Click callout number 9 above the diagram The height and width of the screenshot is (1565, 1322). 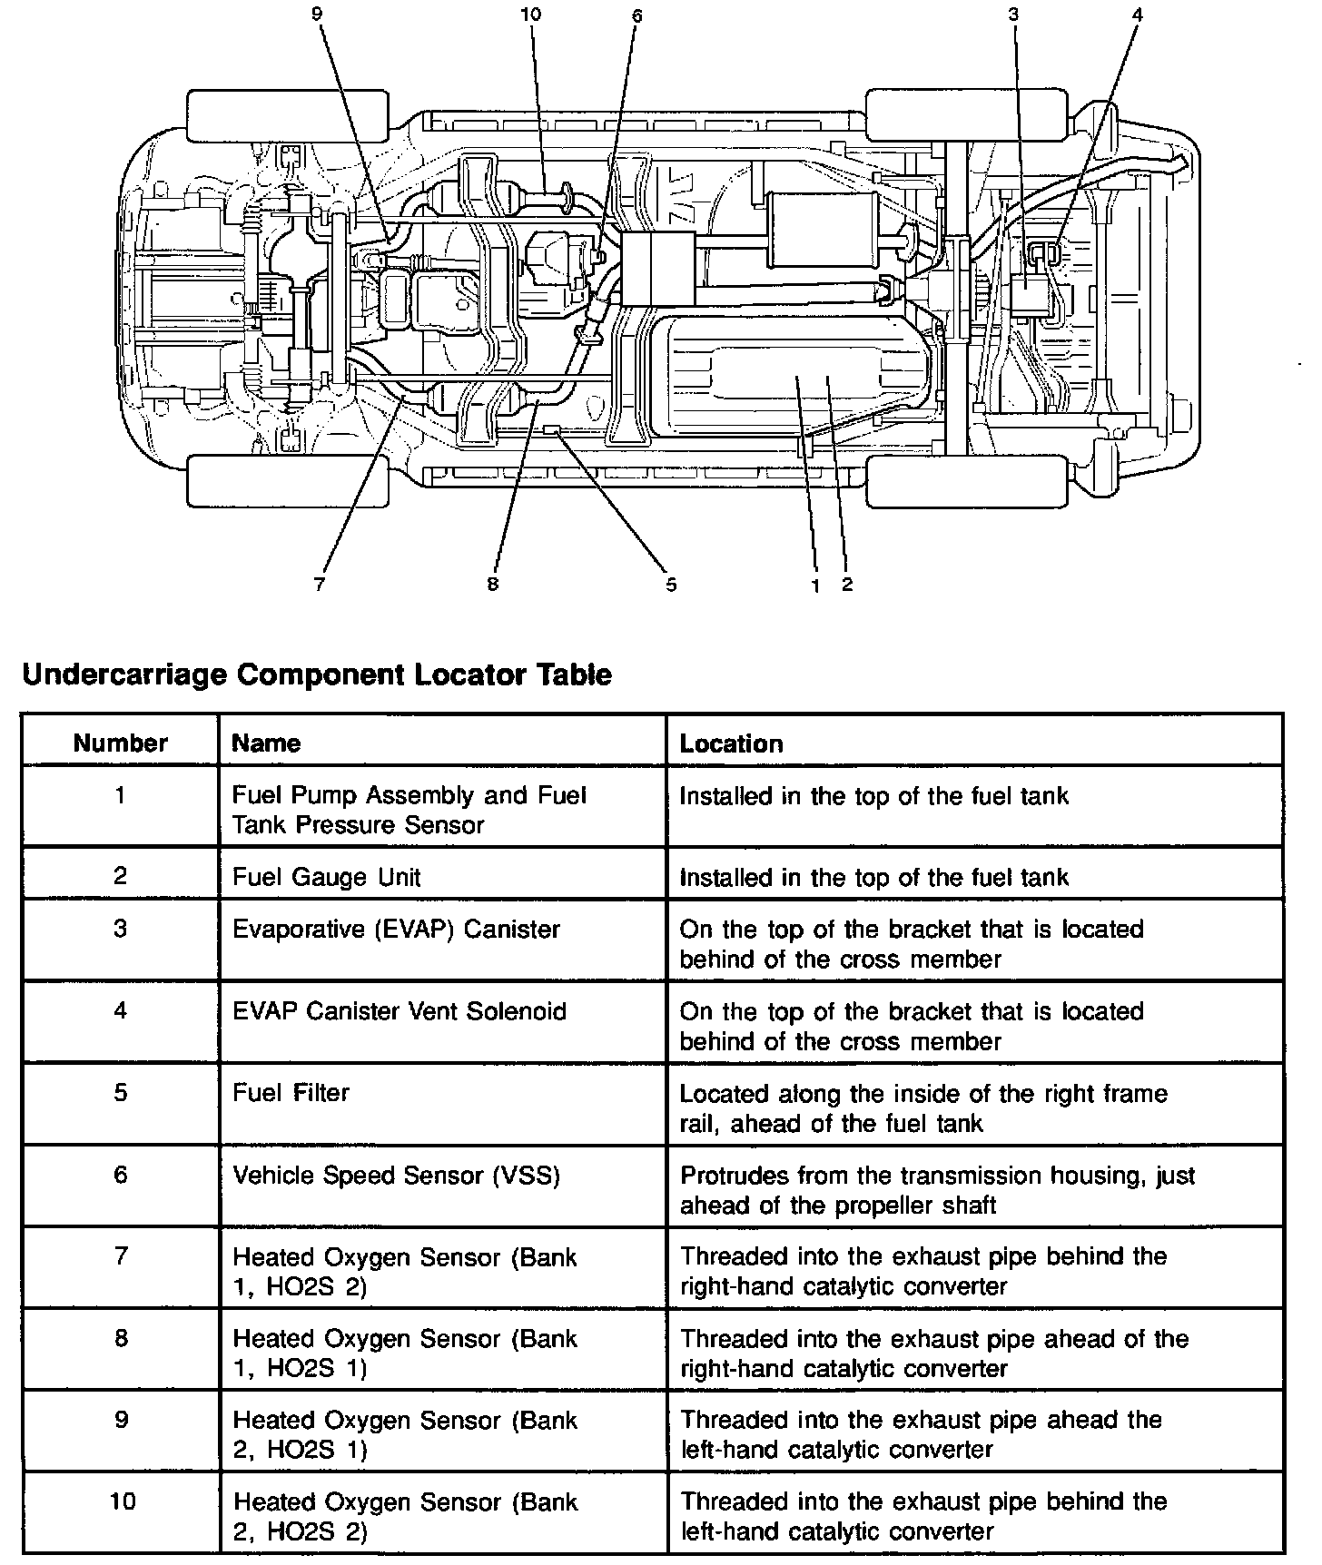[316, 15]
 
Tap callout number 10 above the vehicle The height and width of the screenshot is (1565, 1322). [531, 15]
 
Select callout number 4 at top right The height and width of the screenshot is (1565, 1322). [1138, 15]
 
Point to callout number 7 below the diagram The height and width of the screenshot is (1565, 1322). [319, 585]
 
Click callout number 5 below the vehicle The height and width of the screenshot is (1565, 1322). [671, 585]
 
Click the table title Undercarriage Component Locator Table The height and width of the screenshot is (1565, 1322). [317, 674]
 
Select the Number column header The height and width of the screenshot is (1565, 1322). [121, 743]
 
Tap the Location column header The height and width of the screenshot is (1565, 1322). [731, 743]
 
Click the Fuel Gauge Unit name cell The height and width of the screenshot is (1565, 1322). [327, 877]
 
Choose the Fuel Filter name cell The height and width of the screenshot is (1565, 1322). [291, 1092]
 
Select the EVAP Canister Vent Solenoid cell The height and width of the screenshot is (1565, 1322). [400, 1011]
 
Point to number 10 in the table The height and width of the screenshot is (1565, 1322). [122, 1501]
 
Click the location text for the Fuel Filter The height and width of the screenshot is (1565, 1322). [922, 1108]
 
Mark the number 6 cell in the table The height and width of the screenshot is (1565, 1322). [121, 1176]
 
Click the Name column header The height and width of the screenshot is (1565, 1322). [266, 743]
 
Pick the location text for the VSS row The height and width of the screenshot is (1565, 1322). [937, 1190]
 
